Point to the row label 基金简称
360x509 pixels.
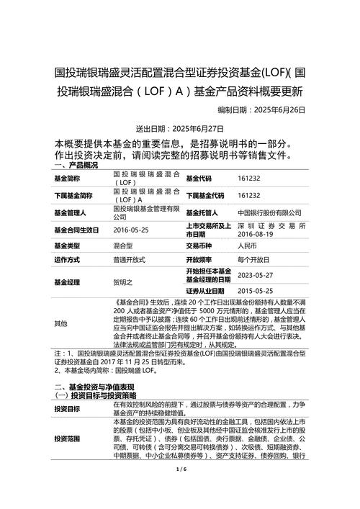(68, 179)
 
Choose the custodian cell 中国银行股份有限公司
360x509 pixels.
(269, 213)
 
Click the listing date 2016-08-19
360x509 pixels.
(258, 234)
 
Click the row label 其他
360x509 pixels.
(60, 324)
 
